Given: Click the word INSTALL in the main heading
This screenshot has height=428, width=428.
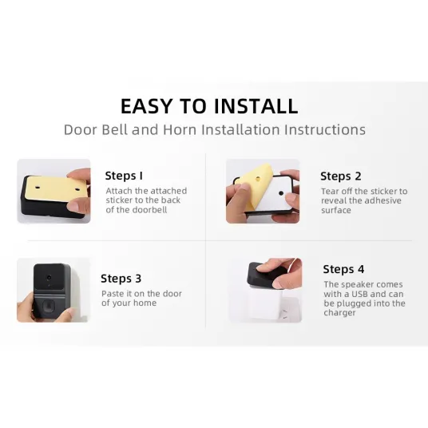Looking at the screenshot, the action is (x=256, y=106).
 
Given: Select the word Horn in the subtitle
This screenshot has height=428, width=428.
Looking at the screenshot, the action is (x=180, y=129).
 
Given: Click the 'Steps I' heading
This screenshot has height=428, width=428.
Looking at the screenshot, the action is (x=124, y=176).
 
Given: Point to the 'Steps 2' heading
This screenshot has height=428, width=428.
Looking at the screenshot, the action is (x=341, y=176).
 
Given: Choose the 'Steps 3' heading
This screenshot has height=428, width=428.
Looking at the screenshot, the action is (x=121, y=279).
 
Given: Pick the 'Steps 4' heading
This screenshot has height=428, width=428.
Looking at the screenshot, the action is (x=343, y=269).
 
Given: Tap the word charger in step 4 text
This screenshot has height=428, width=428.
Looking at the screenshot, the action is (x=339, y=313).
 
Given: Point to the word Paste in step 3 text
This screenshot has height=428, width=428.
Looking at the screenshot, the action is (x=113, y=294).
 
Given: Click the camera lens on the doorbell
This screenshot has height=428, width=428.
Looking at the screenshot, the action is (x=49, y=278).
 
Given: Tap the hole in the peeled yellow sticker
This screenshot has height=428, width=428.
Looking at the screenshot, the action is (x=258, y=179).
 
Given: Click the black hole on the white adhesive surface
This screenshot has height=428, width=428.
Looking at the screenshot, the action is (x=281, y=193).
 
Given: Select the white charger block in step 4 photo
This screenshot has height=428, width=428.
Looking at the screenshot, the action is (x=267, y=303).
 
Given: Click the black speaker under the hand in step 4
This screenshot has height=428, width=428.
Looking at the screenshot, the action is (x=262, y=275).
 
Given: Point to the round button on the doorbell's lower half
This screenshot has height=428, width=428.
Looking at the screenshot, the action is (x=49, y=305).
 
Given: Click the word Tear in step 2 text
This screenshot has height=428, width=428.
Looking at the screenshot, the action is (x=330, y=192).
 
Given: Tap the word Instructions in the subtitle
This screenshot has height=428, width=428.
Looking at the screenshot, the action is (x=324, y=129).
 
